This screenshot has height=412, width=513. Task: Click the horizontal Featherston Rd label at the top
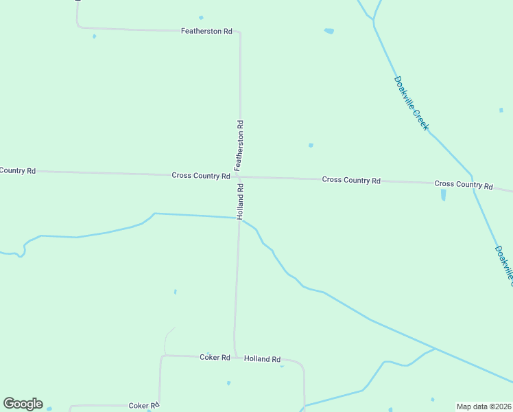pos(206,32)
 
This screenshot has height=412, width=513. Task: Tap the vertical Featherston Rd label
pos(239,146)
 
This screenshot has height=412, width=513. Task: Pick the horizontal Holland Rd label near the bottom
pos(263,359)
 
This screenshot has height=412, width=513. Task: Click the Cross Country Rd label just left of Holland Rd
pos(200,176)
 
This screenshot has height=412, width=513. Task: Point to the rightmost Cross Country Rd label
pos(464,185)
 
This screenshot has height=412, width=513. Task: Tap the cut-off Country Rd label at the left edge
pos(18,170)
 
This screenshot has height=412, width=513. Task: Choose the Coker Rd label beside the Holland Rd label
pos(214,357)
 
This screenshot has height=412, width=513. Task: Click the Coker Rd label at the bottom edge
pos(144,406)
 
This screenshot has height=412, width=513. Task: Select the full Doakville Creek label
pos(411,103)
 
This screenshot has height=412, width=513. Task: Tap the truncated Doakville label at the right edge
pos(503,264)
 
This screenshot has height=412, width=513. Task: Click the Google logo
pos(23,404)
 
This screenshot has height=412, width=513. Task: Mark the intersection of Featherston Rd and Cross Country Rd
pos(239,176)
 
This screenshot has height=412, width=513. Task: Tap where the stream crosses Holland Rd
pos(239,219)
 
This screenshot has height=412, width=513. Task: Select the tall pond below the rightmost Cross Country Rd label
pos(443,195)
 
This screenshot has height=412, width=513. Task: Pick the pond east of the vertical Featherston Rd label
pos(311,145)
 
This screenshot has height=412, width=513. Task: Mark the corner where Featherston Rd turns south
pos(239,32)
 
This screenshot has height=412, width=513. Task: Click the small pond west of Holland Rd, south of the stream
pos(175,292)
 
